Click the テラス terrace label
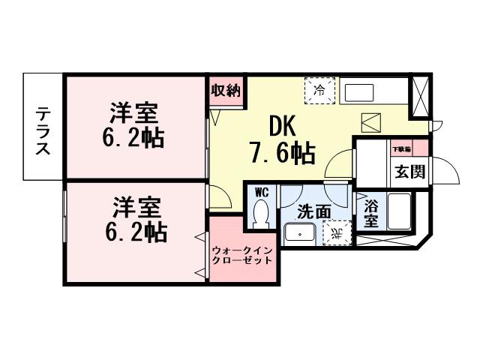pyautogui.click(x=43, y=127)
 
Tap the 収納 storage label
pyautogui.click(x=224, y=91)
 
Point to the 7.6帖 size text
pyautogui.click(x=281, y=154)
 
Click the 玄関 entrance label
pyautogui.click(x=410, y=171)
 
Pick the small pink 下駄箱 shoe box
pyautogui.click(x=409, y=148)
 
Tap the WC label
pyautogui.click(x=261, y=192)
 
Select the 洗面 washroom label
pyautogui.click(x=313, y=212)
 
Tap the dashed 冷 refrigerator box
pyautogui.click(x=320, y=91)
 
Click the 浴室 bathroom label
pyautogui.click(x=370, y=212)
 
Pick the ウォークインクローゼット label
pyautogui.click(x=241, y=255)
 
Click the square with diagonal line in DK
pyautogui.click(x=371, y=122)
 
